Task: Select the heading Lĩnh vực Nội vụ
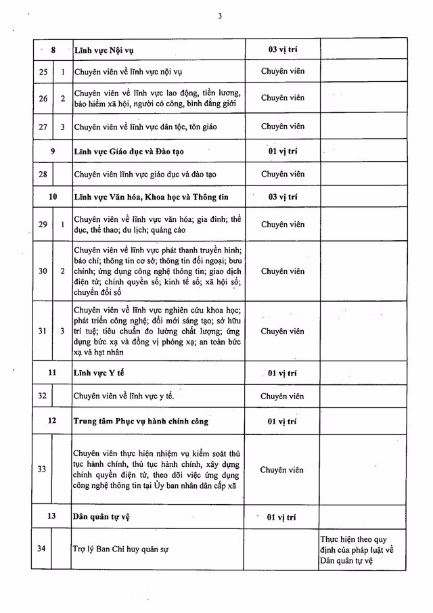pos(108,49)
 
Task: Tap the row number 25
pos(43,71)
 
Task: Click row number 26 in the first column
pos(43,98)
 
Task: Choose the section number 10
pos(52,197)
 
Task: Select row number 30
pos(43,271)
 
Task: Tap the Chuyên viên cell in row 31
pos(282,331)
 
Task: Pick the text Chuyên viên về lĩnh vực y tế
pos(129,396)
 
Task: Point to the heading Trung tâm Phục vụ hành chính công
pos(141,421)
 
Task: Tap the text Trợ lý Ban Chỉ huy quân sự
pos(120,549)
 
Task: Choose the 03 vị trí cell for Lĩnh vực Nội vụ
pos(282,49)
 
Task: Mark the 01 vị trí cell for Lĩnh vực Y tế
pos(282,373)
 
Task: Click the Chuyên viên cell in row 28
pos(282,174)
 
